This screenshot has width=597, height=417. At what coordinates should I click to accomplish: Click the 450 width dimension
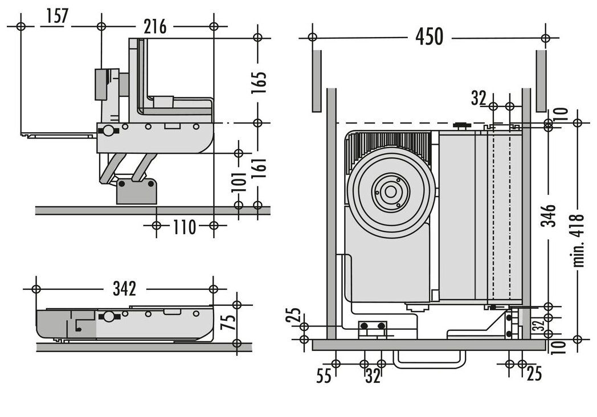[428, 37]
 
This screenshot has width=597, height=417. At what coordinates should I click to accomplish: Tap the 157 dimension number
[57, 17]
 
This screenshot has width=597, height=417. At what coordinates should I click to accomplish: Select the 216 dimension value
[155, 26]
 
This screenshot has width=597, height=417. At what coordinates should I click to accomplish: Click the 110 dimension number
[185, 227]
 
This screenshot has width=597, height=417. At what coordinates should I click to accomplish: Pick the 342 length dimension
[124, 289]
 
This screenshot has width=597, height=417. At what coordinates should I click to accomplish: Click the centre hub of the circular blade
[391, 192]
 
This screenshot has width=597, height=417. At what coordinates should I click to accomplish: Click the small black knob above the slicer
[460, 124]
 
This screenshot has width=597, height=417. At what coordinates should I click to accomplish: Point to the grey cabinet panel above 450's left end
[316, 80]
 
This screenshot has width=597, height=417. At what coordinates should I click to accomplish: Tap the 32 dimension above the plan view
[479, 98]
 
